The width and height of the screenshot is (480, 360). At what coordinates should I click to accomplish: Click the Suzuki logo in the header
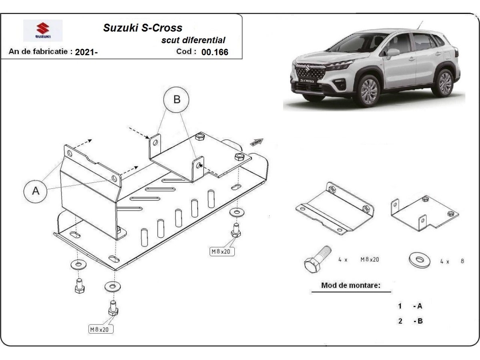pyautogui.click(x=43, y=30)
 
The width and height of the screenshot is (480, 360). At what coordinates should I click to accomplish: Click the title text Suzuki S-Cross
pyautogui.click(x=143, y=28)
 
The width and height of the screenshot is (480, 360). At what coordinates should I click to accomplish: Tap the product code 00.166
pyautogui.click(x=215, y=52)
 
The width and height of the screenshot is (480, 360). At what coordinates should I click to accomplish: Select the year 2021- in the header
pyautogui.click(x=86, y=52)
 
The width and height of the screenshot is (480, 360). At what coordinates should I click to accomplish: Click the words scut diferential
pyautogui.click(x=193, y=40)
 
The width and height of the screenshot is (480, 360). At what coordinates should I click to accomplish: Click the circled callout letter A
pyautogui.click(x=36, y=191)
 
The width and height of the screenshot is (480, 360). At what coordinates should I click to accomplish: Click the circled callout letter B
pyautogui.click(x=176, y=100)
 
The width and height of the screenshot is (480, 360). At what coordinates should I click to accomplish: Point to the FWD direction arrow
pyautogui.click(x=256, y=142)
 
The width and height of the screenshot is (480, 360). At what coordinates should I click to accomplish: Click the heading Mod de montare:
pyautogui.click(x=350, y=286)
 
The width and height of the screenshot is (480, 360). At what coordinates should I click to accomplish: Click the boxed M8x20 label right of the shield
pyautogui.click(x=222, y=251)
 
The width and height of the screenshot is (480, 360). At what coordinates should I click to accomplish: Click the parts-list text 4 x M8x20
pyautogui.click(x=358, y=260)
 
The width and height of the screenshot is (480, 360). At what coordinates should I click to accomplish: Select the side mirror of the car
pyautogui.click(x=392, y=53)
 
